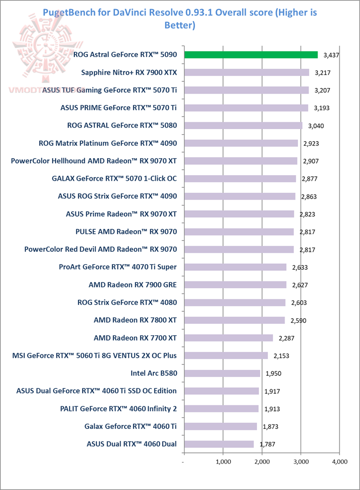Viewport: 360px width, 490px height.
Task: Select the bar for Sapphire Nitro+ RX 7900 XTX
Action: tap(246, 73)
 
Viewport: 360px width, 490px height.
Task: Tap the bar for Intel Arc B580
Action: tap(222, 373)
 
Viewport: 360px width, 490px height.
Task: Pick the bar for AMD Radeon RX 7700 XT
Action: tap(228, 338)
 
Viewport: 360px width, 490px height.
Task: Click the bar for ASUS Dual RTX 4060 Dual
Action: tap(219, 443)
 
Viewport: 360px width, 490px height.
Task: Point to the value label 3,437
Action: tap(331, 55)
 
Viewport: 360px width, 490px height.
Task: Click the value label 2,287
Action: tap(285, 339)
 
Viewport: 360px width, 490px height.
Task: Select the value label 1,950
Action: tap(272, 374)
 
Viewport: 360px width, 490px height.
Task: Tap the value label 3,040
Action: tap(315, 126)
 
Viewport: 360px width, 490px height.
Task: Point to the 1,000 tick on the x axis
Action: tap(222, 462)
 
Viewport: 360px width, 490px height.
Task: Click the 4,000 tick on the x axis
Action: tap(339, 462)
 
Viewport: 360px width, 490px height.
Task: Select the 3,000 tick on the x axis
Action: tap(300, 462)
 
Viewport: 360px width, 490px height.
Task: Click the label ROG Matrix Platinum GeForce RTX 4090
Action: tap(107, 143)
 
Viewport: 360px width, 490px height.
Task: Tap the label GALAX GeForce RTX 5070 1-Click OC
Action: tap(114, 179)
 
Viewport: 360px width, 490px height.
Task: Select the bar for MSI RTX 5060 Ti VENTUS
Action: tap(226, 355)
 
